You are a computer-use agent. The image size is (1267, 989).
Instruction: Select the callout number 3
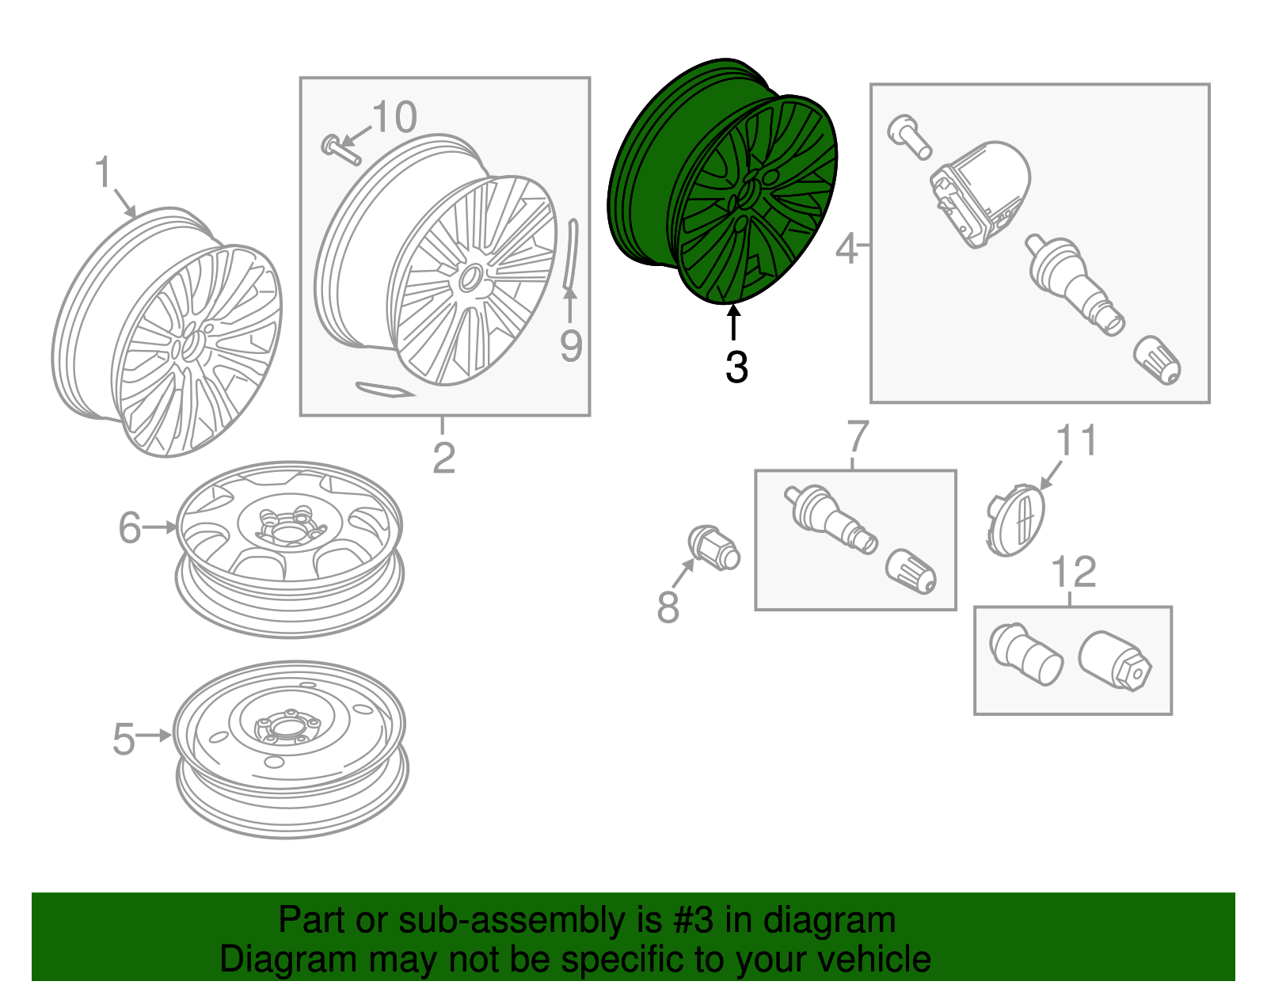click(x=736, y=367)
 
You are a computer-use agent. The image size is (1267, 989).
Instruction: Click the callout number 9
click(x=571, y=345)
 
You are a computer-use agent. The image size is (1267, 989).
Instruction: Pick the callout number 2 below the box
click(x=443, y=458)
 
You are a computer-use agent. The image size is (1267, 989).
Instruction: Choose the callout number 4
click(x=847, y=249)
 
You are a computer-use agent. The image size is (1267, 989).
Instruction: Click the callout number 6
click(x=129, y=527)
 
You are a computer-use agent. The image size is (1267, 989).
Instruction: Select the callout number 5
click(x=124, y=739)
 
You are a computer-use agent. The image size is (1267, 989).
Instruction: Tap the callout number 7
click(x=858, y=436)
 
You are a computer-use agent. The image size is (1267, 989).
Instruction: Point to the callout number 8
click(x=668, y=607)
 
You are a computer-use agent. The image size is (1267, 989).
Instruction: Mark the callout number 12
click(x=1074, y=572)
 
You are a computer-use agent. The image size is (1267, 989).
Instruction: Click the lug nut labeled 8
click(x=713, y=548)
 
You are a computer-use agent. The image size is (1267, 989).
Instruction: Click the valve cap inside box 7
click(x=911, y=572)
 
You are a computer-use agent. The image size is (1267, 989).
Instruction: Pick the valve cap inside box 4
click(x=1158, y=360)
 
